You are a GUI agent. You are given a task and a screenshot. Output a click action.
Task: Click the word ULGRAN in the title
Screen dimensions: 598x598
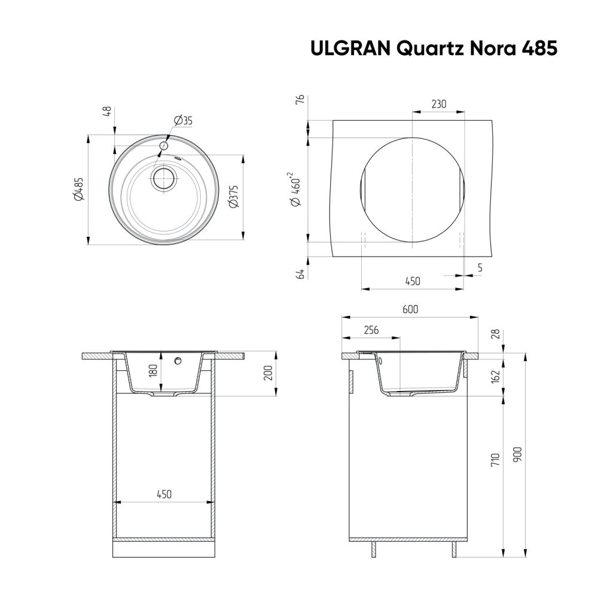pos(347,48)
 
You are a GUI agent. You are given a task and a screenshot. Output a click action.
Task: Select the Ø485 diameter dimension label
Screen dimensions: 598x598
pos(78,190)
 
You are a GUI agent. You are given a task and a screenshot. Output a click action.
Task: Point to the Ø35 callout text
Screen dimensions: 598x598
pos(183,121)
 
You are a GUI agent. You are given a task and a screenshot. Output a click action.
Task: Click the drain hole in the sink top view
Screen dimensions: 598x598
pos(163,178)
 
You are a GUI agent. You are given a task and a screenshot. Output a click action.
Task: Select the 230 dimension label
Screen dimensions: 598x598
pos(438,104)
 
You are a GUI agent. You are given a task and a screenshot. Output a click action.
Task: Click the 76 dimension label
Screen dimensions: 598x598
pos(300,99)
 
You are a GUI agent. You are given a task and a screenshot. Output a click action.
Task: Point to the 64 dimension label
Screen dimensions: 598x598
pos(301,274)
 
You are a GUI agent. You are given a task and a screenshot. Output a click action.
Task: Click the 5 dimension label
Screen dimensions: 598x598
pos(480,268)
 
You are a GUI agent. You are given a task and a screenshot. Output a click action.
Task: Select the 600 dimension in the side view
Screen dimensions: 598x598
pos(410,309)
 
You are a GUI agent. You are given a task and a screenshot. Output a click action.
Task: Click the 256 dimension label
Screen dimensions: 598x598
pos(371,329)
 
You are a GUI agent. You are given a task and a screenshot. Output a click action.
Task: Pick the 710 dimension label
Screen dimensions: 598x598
pos(495,459)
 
